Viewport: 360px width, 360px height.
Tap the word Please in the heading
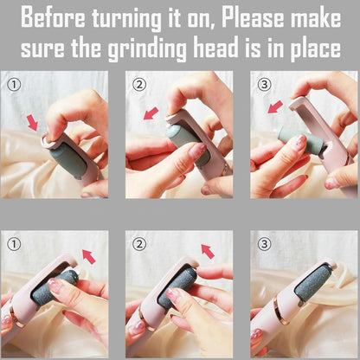coord(241,17)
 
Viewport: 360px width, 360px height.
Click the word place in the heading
coord(310,48)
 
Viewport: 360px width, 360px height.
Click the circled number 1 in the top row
coord(13,84)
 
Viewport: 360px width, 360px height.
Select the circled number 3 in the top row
coord(263,84)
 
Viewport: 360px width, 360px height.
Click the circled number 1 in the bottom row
coord(13,244)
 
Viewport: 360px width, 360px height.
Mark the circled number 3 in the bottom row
coord(263,244)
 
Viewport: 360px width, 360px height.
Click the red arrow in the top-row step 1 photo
coord(33,122)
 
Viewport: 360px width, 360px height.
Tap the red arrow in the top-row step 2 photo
coord(151,113)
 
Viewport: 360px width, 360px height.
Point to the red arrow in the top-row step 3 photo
coord(276,106)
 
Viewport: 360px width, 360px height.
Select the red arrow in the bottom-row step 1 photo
coord(87,254)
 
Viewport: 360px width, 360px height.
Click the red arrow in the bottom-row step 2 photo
coord(207,251)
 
